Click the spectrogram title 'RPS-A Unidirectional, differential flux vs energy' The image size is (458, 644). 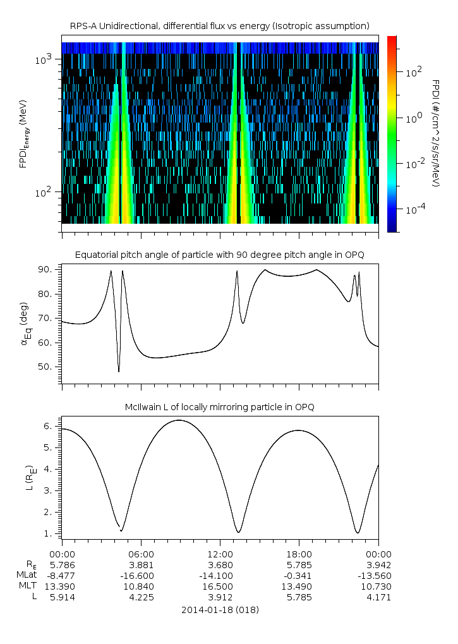click(x=219, y=26)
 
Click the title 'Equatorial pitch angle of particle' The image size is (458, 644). click(x=219, y=255)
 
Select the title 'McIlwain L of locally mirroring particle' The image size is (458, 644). click(x=219, y=406)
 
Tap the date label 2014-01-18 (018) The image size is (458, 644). click(x=220, y=610)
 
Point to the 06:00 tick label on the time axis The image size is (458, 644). click(x=141, y=553)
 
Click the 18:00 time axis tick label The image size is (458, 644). click(x=299, y=553)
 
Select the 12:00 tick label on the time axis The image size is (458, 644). click(x=220, y=553)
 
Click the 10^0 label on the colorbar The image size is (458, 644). click(x=413, y=118)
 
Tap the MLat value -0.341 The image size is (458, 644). click(x=299, y=575)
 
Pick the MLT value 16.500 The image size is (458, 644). click(x=220, y=586)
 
